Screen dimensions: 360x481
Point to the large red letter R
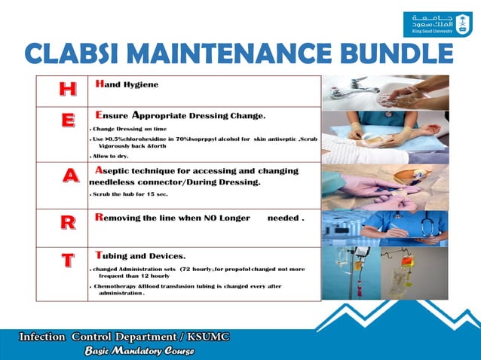coord(68,223)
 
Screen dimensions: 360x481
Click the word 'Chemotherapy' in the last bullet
coord(118,287)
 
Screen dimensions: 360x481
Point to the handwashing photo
coord(385,92)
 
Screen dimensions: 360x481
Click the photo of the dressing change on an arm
coord(385,136)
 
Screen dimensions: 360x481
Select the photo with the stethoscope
coord(385,228)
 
